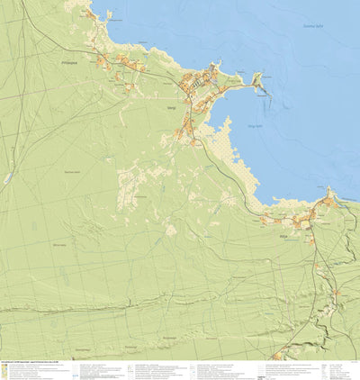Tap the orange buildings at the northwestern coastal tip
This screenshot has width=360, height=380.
click(x=90, y=13)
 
